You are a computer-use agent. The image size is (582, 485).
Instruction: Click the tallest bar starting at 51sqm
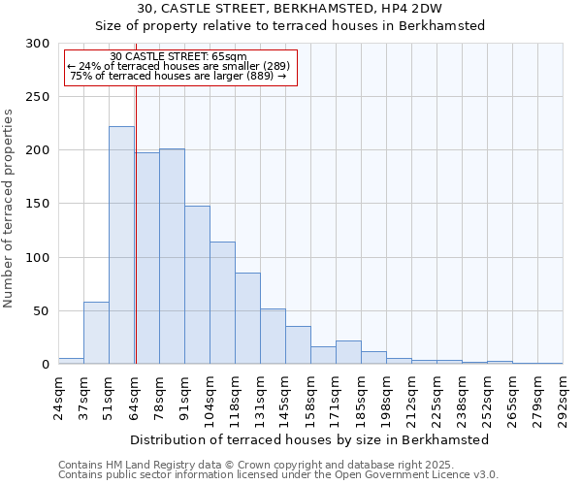pyautogui.click(x=121, y=245)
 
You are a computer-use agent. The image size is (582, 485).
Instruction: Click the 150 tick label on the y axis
pyautogui.click(x=38, y=205)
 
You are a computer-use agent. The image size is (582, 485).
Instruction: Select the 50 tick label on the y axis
pyautogui.click(x=42, y=311)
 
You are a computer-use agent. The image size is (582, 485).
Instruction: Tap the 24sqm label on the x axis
pyautogui.click(x=59, y=396)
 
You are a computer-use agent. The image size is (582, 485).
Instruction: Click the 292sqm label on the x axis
pyautogui.click(x=564, y=396)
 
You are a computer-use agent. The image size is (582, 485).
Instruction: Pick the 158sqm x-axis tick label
pyautogui.click(x=311, y=396)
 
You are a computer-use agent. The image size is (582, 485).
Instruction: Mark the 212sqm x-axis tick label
pyautogui.click(x=412, y=396)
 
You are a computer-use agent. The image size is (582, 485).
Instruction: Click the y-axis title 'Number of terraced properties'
pyautogui.click(x=10, y=208)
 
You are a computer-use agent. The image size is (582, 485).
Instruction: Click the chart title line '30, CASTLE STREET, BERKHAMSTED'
pyautogui.click(x=290, y=9)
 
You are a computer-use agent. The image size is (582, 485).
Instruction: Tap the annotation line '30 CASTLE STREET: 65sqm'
pyautogui.click(x=178, y=57)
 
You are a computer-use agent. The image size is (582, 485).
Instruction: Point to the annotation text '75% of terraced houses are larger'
pyautogui.click(x=178, y=76)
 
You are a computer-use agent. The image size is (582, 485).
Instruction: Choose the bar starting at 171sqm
pyautogui.click(x=348, y=352)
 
